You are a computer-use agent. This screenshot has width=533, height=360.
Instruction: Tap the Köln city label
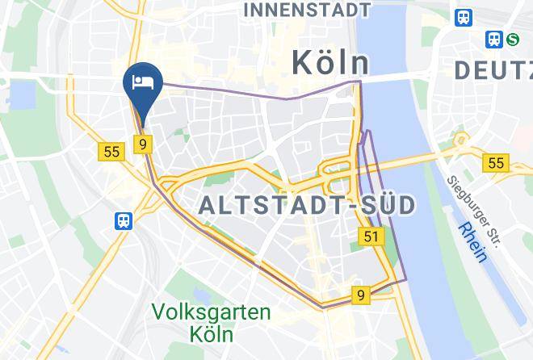(x=329, y=63)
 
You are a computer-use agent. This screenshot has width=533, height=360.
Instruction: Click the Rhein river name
(x=472, y=242)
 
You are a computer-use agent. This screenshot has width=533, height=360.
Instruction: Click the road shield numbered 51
(x=371, y=236)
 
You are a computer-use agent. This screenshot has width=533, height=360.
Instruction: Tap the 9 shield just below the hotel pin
(x=142, y=144)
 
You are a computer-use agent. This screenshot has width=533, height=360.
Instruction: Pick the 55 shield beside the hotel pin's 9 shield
(x=111, y=151)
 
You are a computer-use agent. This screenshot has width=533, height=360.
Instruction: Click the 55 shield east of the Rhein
(x=495, y=163)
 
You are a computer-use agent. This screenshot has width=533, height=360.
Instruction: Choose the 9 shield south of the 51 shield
(x=360, y=295)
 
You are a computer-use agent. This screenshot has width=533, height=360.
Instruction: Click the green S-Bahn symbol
(x=513, y=38)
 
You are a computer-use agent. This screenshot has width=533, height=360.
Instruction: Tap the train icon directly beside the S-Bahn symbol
(x=493, y=38)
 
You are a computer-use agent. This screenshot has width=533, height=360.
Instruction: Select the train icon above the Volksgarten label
(x=124, y=220)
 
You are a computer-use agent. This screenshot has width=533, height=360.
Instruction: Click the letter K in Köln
(x=300, y=63)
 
